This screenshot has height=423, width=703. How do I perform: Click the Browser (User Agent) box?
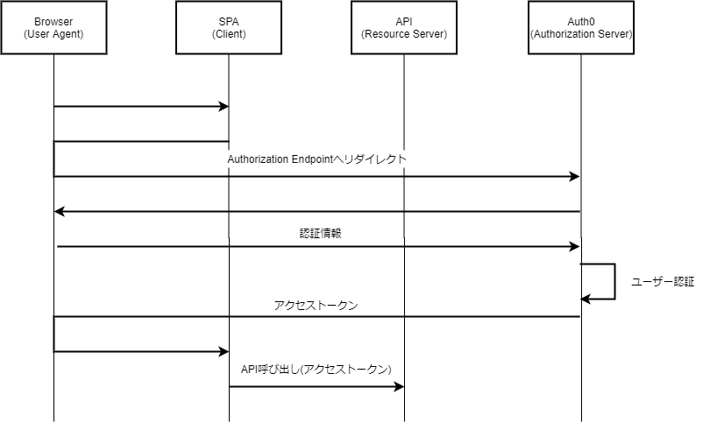53,28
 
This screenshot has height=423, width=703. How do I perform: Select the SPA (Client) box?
229,28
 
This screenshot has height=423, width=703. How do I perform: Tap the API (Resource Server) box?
404,28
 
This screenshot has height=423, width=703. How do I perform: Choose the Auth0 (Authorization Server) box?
580,28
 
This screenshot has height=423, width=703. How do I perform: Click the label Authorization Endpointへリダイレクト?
316,160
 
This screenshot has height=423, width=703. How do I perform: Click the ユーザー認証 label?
662,282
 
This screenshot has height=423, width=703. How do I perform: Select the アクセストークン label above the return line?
316,305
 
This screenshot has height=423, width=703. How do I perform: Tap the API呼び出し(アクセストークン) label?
316,369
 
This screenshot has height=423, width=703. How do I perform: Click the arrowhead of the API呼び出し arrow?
399,386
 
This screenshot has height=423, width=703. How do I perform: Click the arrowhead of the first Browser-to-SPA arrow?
224,107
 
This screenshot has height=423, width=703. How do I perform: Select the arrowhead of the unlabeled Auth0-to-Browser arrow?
60,211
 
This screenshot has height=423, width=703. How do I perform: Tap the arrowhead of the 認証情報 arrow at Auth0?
574,247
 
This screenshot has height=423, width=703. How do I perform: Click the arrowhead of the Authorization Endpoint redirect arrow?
574,177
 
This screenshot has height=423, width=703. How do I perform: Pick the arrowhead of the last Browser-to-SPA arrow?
224,351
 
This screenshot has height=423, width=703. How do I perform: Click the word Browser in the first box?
53,21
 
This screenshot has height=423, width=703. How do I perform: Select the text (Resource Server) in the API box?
404,34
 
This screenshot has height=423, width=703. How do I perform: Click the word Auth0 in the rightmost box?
580,21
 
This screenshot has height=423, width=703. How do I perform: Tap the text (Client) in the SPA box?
229,34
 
